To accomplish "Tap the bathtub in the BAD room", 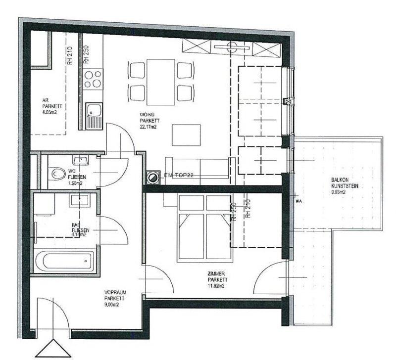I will (x=65, y=259).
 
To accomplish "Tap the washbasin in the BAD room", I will (x=79, y=200).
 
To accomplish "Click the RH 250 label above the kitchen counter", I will (x=86, y=54).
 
